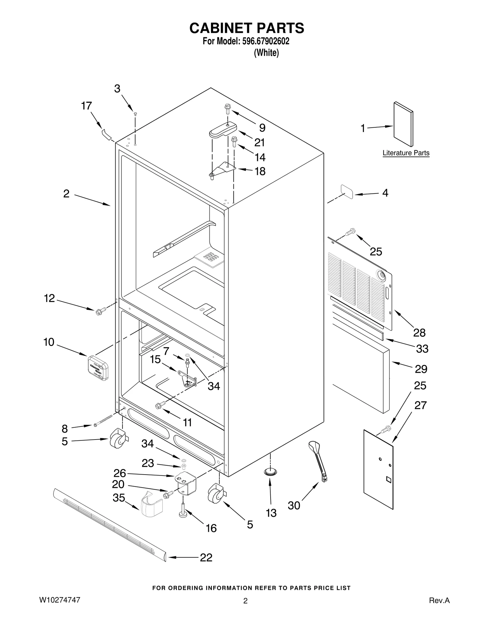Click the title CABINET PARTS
pyautogui.click(x=247, y=28)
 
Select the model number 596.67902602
pyautogui.click(x=265, y=42)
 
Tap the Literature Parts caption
pyautogui.click(x=406, y=153)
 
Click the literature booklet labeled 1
pyautogui.click(x=403, y=124)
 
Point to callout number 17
pyautogui.click(x=86, y=106)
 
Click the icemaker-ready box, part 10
pyautogui.click(x=98, y=368)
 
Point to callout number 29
pyautogui.click(x=421, y=369)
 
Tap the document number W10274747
pyautogui.click(x=60, y=600)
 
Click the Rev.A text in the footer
pyautogui.click(x=439, y=600)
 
